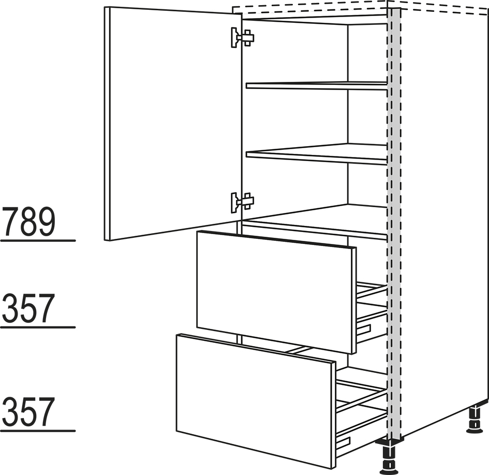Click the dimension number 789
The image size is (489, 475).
click(x=29, y=222)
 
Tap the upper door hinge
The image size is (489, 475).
click(x=242, y=38)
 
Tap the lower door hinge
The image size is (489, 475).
click(x=242, y=203)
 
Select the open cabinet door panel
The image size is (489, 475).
click(x=173, y=124)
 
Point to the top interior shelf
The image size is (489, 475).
click(x=317, y=86)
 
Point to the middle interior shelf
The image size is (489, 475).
click(x=317, y=154)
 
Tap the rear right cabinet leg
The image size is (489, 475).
click(x=475, y=419)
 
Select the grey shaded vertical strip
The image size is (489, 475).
click(x=394, y=225)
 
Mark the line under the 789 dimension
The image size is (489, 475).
click(x=38, y=241)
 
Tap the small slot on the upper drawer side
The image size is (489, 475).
click(x=364, y=329)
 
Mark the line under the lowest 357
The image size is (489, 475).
click(x=38, y=431)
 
